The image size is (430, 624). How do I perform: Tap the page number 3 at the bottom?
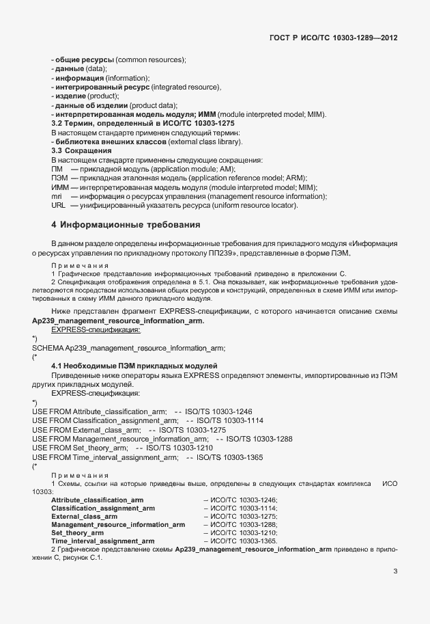pos(395,572)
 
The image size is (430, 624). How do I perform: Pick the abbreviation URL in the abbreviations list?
pos(59,206)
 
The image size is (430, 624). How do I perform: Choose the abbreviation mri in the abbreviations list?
pos(57,196)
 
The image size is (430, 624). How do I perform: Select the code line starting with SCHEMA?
pos(128,348)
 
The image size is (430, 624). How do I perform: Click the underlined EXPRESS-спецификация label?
pos(96,329)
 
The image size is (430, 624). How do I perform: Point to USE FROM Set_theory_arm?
pos(80,448)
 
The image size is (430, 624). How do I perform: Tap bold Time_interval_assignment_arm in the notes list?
pos(103,541)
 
